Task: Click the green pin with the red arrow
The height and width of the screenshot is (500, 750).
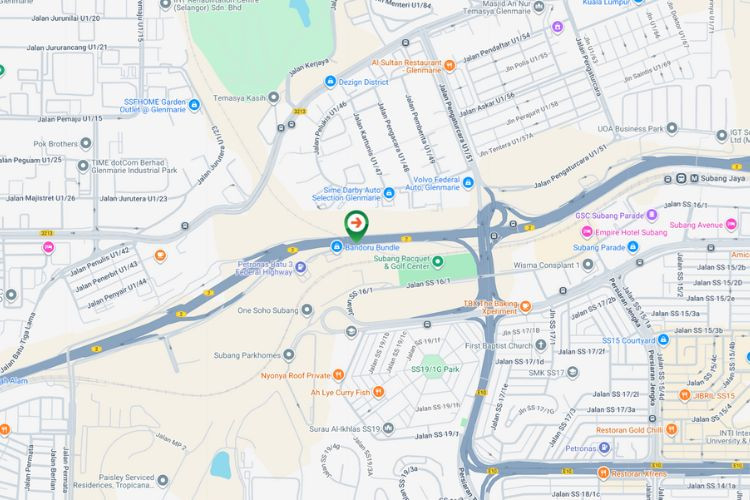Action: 356,223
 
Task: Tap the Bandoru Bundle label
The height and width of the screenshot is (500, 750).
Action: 372,246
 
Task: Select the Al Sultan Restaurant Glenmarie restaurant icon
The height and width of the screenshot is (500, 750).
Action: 450,65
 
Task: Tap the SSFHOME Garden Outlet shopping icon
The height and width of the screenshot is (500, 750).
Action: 194,104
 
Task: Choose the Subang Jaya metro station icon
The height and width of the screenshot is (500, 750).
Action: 693,178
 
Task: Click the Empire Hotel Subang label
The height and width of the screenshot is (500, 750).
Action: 624,232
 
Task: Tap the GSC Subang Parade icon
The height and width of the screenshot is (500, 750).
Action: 651,214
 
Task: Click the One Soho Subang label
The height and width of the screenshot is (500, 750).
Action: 267,310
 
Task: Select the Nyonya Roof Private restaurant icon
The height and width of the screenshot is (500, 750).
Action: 339,375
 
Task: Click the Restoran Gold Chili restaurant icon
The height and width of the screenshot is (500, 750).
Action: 670,429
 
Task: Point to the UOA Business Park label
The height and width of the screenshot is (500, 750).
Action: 631,128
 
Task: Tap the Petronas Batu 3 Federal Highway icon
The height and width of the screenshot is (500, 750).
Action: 300,267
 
